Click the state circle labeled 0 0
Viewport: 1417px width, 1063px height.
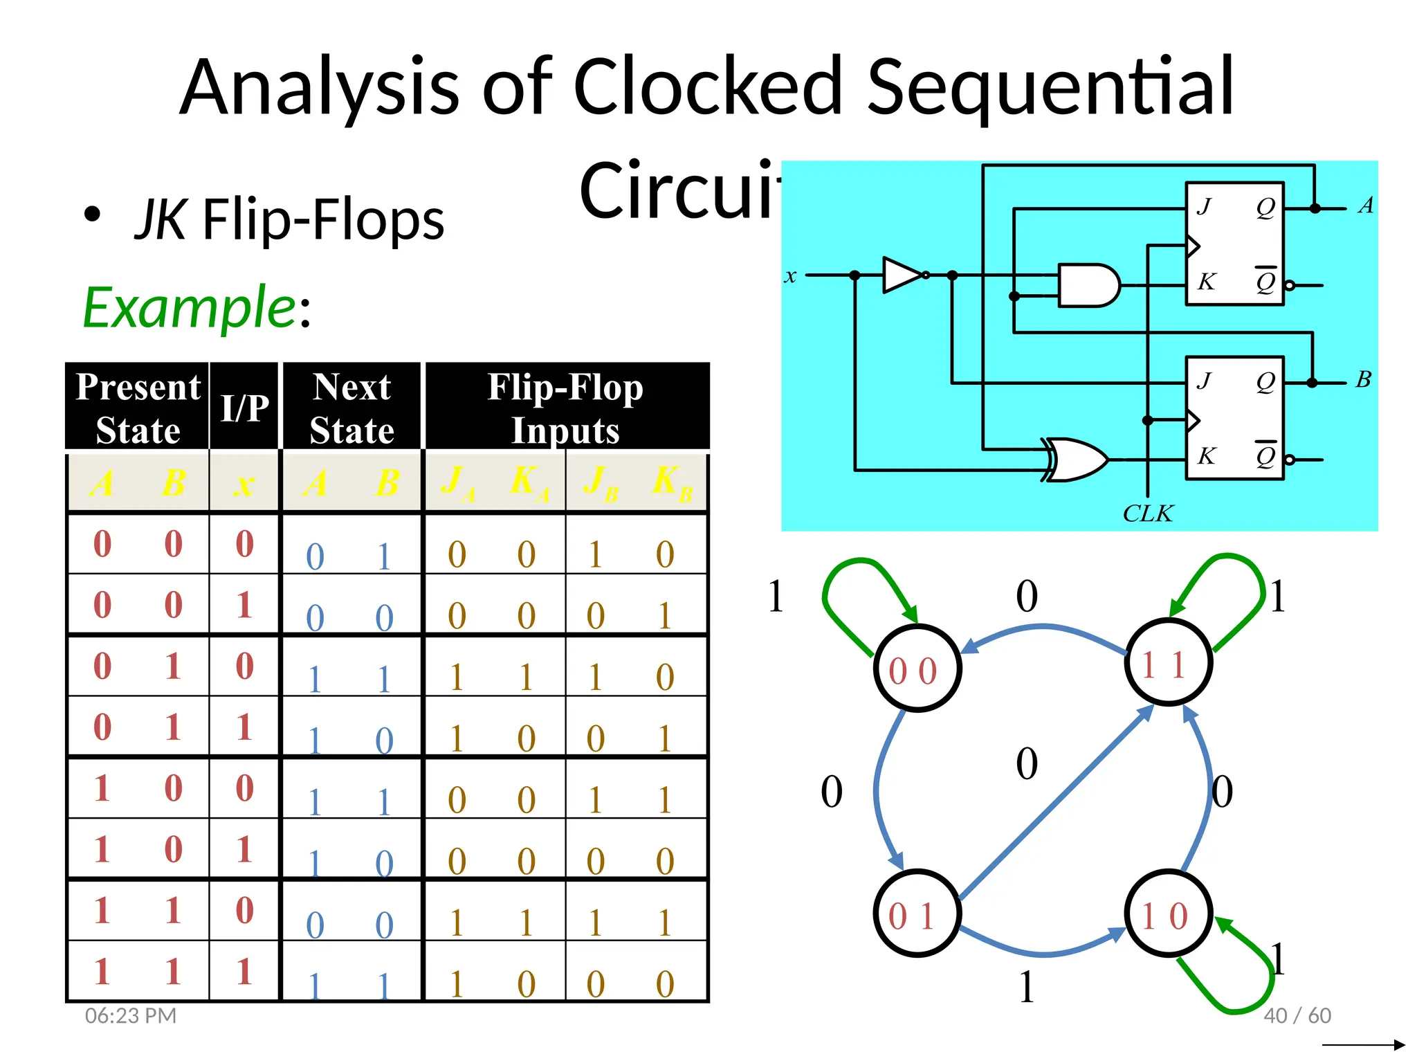click(917, 669)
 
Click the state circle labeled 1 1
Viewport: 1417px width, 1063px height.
click(1167, 663)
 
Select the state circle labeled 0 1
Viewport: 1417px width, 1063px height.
click(917, 914)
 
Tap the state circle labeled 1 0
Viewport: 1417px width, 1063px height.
click(1167, 914)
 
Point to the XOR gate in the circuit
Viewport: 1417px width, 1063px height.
click(1077, 459)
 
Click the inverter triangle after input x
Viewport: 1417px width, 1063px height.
click(902, 275)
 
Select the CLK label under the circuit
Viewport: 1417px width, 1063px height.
click(1147, 514)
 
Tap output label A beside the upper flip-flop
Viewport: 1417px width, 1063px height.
click(1366, 205)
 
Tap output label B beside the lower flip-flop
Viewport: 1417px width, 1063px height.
click(1363, 379)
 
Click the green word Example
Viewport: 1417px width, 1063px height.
click(189, 307)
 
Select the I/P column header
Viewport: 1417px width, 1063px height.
click(244, 407)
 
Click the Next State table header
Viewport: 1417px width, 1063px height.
click(351, 407)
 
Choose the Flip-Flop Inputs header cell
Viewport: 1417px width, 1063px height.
click(565, 407)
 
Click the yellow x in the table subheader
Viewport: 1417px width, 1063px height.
click(244, 483)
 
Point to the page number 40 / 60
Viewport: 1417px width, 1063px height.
click(1297, 1015)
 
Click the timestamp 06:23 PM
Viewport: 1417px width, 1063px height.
click(131, 1015)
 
